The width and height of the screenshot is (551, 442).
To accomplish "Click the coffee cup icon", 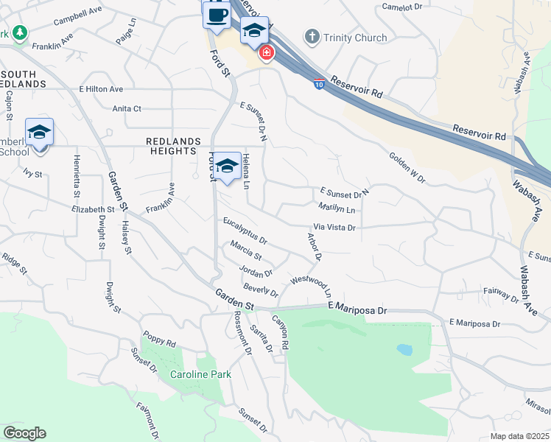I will click(x=217, y=15).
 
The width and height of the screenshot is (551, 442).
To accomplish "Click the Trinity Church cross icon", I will click(x=312, y=37).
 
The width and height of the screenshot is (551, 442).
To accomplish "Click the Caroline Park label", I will click(x=200, y=374).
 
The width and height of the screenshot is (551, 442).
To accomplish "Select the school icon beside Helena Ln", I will click(x=228, y=167).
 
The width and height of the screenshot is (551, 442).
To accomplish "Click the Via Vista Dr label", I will click(x=334, y=228).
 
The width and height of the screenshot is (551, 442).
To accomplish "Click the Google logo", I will click(x=24, y=433).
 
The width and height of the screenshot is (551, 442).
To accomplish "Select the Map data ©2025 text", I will click(x=519, y=436).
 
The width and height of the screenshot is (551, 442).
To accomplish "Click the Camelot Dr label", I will click(x=401, y=7).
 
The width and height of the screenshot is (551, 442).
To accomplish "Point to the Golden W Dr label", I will click(x=408, y=167).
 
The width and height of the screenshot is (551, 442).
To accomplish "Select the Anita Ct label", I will click(x=127, y=108).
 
